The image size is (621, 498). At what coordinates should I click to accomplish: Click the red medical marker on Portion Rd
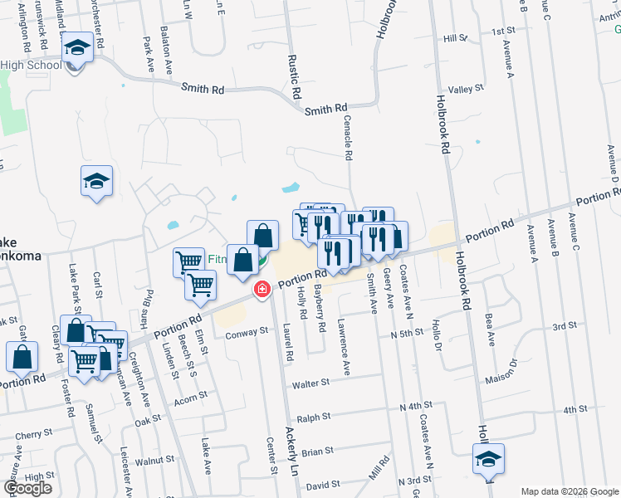[262, 289]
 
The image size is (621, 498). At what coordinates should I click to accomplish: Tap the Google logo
[28, 488]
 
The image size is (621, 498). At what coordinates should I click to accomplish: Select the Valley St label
[465, 90]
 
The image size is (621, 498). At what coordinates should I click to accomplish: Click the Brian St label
[317, 452]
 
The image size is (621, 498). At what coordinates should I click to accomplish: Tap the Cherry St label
[33, 434]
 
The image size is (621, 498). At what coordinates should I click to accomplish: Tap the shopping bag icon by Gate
[22, 357]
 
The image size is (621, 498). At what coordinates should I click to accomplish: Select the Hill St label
[456, 38]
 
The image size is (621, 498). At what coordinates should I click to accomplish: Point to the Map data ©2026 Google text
[570, 491]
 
